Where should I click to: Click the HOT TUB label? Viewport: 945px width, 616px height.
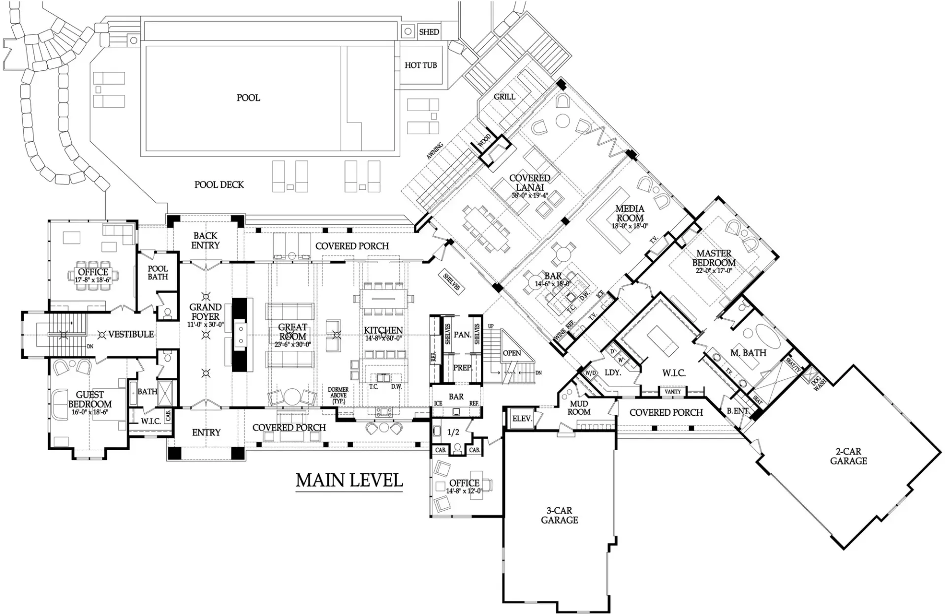coord(420,65)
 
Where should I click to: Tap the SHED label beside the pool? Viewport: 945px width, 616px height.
coord(429,32)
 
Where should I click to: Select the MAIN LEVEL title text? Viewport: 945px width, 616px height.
coord(349,480)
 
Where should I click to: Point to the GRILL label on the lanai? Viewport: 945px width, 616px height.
coord(504,96)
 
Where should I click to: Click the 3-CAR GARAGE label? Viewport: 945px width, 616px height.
coord(559,515)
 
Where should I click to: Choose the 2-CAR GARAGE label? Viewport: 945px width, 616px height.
coord(849,456)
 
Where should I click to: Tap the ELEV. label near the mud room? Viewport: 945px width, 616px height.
coord(522,419)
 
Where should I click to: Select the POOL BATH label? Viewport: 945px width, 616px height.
coord(157,273)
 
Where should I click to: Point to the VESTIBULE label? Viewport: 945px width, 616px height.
coord(131,334)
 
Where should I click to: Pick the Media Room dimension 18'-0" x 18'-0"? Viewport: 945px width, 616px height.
coord(630,226)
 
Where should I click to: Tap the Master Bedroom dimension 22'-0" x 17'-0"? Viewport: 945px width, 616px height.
coord(714,271)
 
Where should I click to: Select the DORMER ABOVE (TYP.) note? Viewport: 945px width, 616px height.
coord(338,395)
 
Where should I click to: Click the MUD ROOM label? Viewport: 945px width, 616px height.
coord(579,408)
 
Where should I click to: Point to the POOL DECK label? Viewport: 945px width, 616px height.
coord(219,185)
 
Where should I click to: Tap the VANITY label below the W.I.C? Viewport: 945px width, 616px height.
coord(672,392)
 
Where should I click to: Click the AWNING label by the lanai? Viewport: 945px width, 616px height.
coord(435,151)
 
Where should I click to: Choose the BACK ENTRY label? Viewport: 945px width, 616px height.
coord(205,241)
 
